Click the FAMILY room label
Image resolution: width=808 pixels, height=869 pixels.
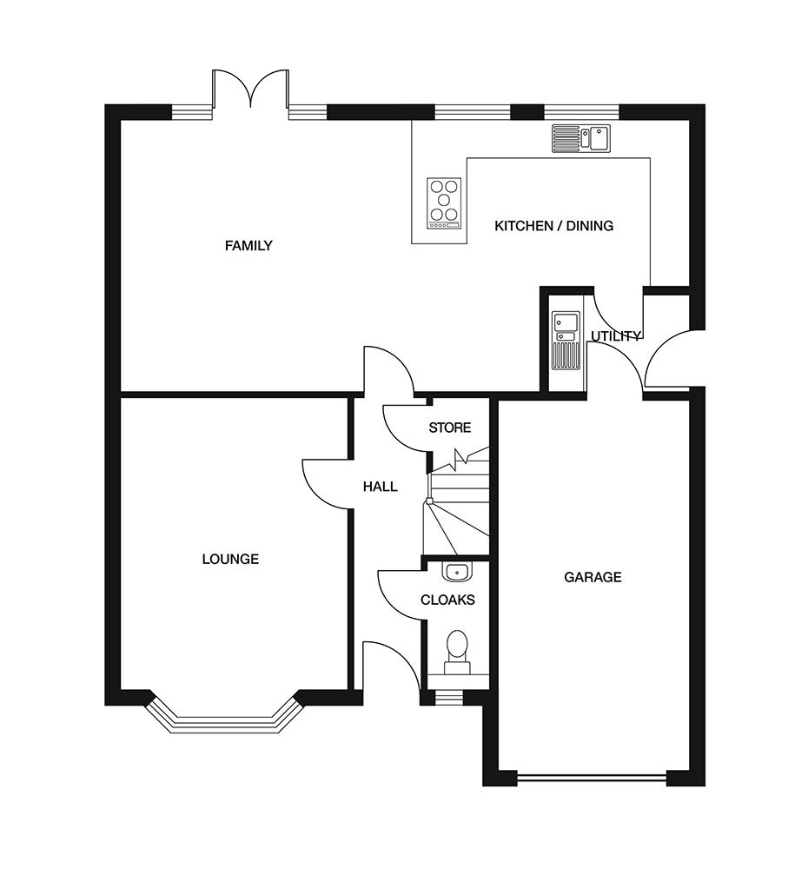point(248,246)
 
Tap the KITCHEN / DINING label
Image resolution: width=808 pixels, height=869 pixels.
point(553,226)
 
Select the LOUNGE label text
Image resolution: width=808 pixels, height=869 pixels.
point(230,559)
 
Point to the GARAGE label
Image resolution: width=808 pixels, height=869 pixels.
point(593,578)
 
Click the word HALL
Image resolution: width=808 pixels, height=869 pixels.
point(381,487)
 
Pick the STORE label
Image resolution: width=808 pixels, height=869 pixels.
point(449,428)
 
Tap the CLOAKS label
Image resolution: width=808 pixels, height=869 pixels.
point(447,600)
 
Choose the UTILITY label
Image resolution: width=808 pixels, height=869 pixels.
point(616,335)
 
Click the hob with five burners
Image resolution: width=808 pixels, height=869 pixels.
point(443,203)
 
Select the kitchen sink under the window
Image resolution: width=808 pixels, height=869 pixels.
point(580,138)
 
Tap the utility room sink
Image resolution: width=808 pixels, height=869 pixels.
point(566,341)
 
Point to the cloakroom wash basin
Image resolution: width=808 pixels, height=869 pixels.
point(457,572)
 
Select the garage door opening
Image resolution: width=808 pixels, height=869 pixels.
point(592,779)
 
